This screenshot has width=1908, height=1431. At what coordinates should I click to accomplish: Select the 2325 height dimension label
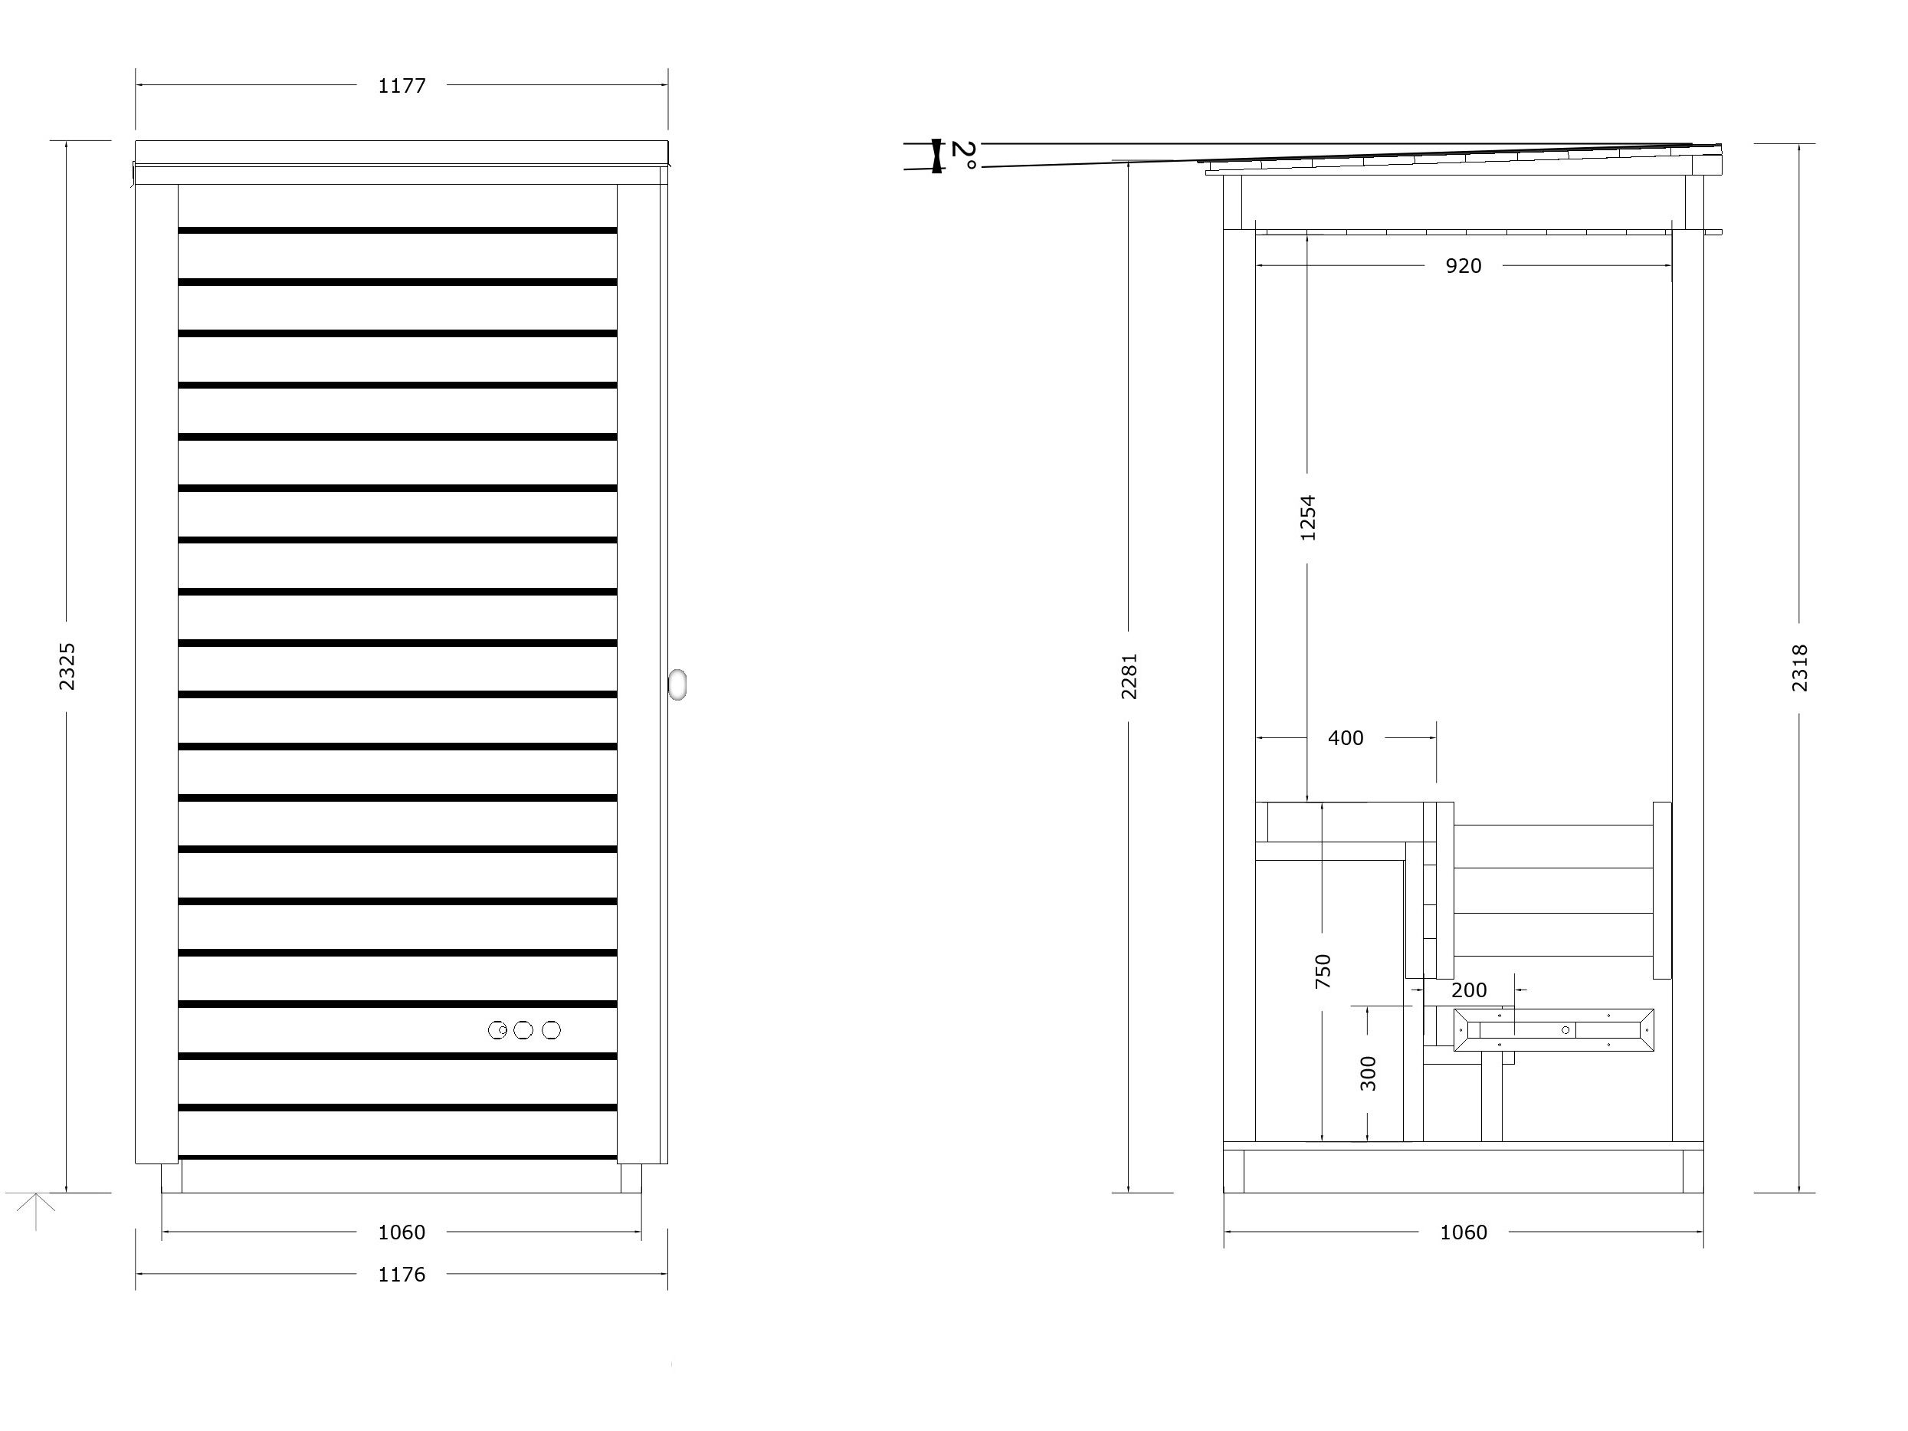click(x=67, y=666)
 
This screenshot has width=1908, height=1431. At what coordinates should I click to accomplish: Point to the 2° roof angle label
click(x=963, y=156)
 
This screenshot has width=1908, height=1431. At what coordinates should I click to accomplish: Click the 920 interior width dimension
click(x=1463, y=266)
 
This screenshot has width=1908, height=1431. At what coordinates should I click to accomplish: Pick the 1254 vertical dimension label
click(x=1308, y=517)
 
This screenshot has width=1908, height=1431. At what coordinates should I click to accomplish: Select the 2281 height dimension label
click(x=1129, y=675)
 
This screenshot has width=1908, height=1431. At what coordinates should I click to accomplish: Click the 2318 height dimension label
click(x=1799, y=668)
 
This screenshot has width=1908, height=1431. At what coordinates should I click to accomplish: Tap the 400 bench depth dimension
click(x=1345, y=737)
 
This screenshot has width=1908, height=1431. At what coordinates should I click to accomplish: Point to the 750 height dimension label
click(x=1323, y=970)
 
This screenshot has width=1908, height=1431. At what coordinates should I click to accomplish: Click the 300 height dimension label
click(x=1368, y=1073)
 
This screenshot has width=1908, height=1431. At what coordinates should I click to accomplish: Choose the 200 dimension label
click(x=1469, y=990)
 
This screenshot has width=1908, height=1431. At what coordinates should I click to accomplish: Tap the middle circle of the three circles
click(x=523, y=1030)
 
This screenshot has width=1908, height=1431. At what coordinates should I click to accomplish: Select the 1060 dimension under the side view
click(x=1463, y=1232)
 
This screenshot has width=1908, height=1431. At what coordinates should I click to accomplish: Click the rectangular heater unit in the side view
click(x=1553, y=1030)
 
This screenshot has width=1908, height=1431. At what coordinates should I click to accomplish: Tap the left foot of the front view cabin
click(x=172, y=1178)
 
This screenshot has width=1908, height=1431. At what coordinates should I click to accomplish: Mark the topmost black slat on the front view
click(x=398, y=230)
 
